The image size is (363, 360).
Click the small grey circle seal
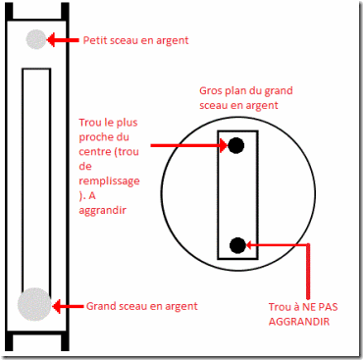point(36,39)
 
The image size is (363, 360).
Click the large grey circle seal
point(34,304)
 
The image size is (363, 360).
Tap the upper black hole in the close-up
point(235,145)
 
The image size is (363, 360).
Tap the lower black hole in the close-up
point(237,245)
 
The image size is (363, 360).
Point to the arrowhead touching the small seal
point(52,40)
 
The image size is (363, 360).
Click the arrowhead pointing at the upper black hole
point(223,145)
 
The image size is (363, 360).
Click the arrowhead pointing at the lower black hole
point(250,244)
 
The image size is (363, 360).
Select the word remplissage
point(109,181)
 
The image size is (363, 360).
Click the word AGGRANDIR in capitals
point(299,321)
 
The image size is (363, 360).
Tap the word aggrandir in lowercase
point(102,210)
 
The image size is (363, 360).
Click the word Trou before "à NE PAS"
point(280,307)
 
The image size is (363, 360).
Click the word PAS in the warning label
point(329,307)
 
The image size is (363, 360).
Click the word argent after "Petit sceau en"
point(171,41)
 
